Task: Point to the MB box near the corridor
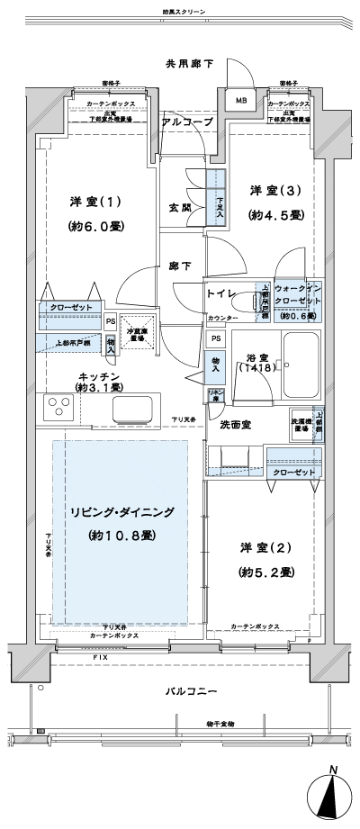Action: coord(240,101)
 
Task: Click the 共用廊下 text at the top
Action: coord(188,64)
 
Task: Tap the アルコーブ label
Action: coord(187,121)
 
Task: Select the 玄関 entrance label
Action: coord(179,207)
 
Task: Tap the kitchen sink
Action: coord(133,409)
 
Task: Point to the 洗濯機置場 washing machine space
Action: coord(300,426)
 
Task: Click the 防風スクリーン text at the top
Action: coord(184,13)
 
